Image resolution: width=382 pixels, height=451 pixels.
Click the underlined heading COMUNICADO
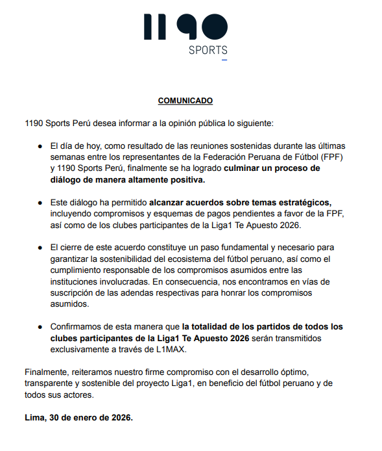coord(185,101)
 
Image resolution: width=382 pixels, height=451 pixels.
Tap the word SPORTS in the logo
coord(208,50)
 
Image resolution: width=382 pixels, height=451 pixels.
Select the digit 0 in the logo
coord(212,27)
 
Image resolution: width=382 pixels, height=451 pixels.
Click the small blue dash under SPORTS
coord(224,60)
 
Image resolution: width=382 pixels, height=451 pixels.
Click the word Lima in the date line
coord(33,417)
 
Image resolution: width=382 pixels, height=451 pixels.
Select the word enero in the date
coord(88,417)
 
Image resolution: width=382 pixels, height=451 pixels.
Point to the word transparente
coord(47,383)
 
